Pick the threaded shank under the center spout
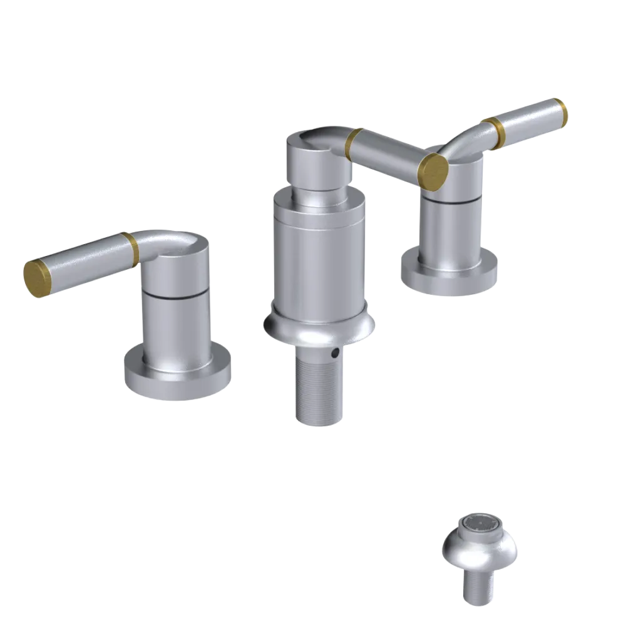point(319,388)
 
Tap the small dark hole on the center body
point(336,354)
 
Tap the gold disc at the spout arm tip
point(433,168)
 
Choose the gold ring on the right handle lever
point(496,132)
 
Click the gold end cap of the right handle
point(560,111)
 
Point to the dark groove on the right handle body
point(452,200)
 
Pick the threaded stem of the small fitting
point(478,588)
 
